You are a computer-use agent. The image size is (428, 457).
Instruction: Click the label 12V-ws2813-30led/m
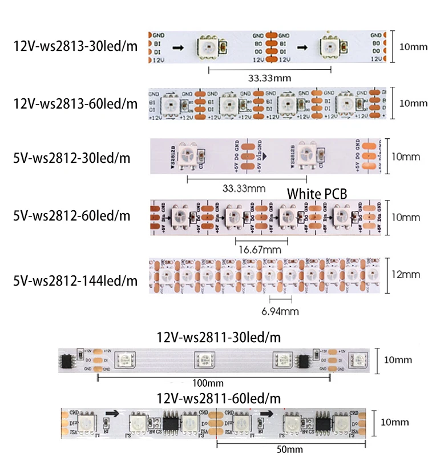[x=75, y=46]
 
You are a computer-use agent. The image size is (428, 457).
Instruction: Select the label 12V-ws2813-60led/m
[x=75, y=103]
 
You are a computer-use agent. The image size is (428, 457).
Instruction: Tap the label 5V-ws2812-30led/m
[x=72, y=158]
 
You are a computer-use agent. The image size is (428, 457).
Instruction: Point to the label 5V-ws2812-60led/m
[x=72, y=217]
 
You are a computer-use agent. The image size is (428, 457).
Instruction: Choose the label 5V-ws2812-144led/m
[x=75, y=280]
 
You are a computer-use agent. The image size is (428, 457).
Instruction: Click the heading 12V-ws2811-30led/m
[x=219, y=338]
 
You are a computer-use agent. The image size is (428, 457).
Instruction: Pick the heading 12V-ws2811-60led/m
[x=219, y=398]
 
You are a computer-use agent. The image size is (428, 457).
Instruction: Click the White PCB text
[x=317, y=194]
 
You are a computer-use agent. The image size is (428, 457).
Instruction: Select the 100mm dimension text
[x=208, y=382]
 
